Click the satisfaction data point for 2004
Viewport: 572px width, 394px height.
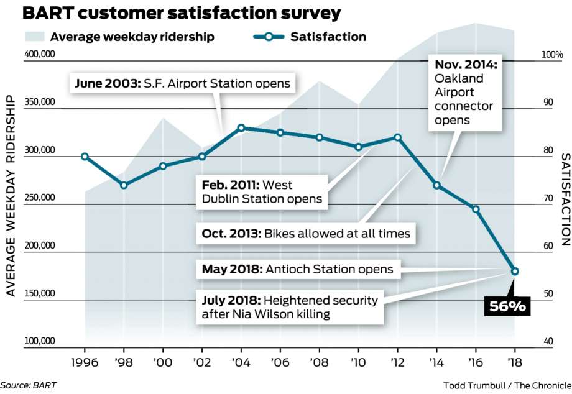point(241,127)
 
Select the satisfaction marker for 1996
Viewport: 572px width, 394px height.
point(85,157)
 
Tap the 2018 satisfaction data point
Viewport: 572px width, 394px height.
point(515,271)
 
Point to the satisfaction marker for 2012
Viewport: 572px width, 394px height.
point(398,137)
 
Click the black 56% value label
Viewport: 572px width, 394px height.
point(508,306)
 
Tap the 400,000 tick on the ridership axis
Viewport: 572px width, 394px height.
point(40,55)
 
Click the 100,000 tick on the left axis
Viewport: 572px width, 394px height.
point(40,341)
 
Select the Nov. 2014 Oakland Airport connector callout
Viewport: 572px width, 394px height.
point(466,92)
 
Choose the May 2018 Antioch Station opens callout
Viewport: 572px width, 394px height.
point(297,270)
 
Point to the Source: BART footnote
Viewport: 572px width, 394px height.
point(28,385)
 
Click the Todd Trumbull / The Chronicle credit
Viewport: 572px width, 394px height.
point(506,385)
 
